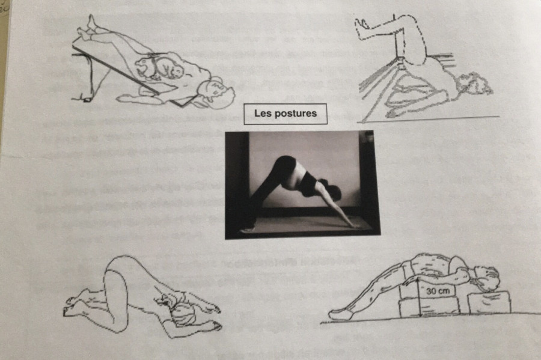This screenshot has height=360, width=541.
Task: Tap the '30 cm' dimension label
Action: click(438, 291)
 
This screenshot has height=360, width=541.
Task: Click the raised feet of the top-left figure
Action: click(87, 27)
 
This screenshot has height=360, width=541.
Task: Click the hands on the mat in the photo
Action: click(353, 225)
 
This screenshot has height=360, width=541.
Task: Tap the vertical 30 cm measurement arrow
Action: click(420, 297)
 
